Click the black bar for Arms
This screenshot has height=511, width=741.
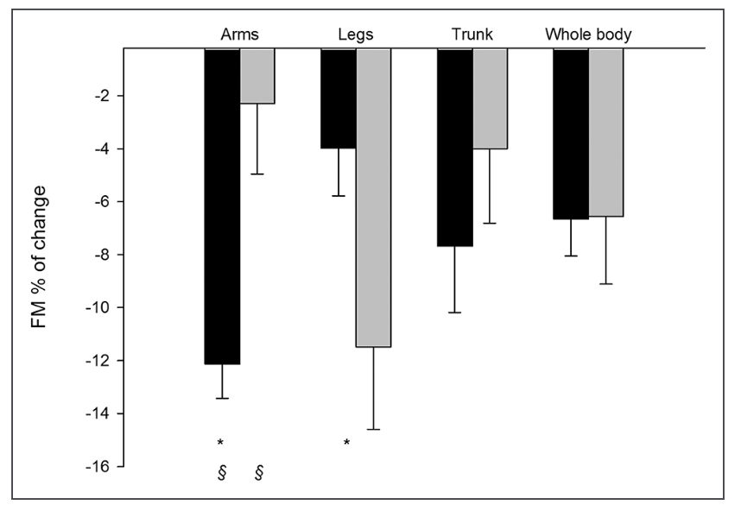click(222, 206)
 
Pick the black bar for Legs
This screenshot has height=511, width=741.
click(339, 98)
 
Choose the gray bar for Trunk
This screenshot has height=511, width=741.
click(490, 98)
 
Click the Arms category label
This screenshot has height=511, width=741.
click(239, 35)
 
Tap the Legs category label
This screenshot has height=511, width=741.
click(355, 35)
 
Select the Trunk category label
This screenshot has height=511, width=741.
click(472, 35)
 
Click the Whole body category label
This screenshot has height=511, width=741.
click(588, 35)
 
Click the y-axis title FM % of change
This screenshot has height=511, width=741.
click(39, 256)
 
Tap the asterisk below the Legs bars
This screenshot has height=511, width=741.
click(346, 444)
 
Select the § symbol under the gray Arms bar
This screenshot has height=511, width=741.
click(259, 472)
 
